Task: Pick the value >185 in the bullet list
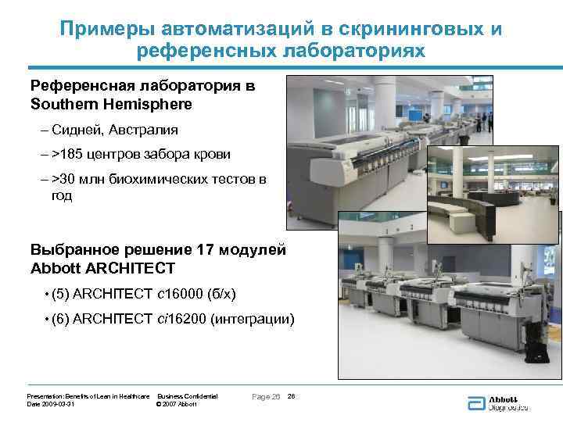tap(67, 155)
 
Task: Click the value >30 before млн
tap(64, 180)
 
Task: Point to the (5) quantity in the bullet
tap(60, 294)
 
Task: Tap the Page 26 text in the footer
tap(266, 397)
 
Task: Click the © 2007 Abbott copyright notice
tap(177, 404)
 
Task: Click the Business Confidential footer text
tap(188, 397)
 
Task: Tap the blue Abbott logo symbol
tap(475, 402)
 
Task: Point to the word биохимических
tap(148, 180)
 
